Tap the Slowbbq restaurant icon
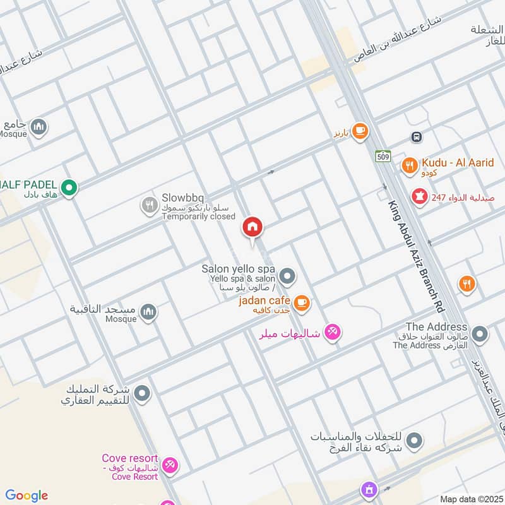pyautogui.click(x=149, y=205)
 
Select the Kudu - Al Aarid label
pyautogui.click(x=458, y=163)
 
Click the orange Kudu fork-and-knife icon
pyautogui.click(x=409, y=166)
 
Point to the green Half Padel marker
pyautogui.click(x=69, y=187)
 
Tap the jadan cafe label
pyautogui.click(x=264, y=300)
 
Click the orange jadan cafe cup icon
pyautogui.click(x=302, y=304)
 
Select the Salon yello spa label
pyautogui.click(x=238, y=269)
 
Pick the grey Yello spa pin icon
pyautogui.click(x=287, y=276)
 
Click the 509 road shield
pyautogui.click(x=383, y=156)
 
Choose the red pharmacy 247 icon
pyautogui.click(x=418, y=197)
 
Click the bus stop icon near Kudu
pyautogui.click(x=416, y=137)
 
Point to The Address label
pyautogui.click(x=436, y=327)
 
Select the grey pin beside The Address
pyautogui.click(x=480, y=334)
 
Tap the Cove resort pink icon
pyautogui.click(x=169, y=466)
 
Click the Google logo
pyautogui.click(x=27, y=496)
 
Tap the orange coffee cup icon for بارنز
pyautogui.click(x=360, y=131)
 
